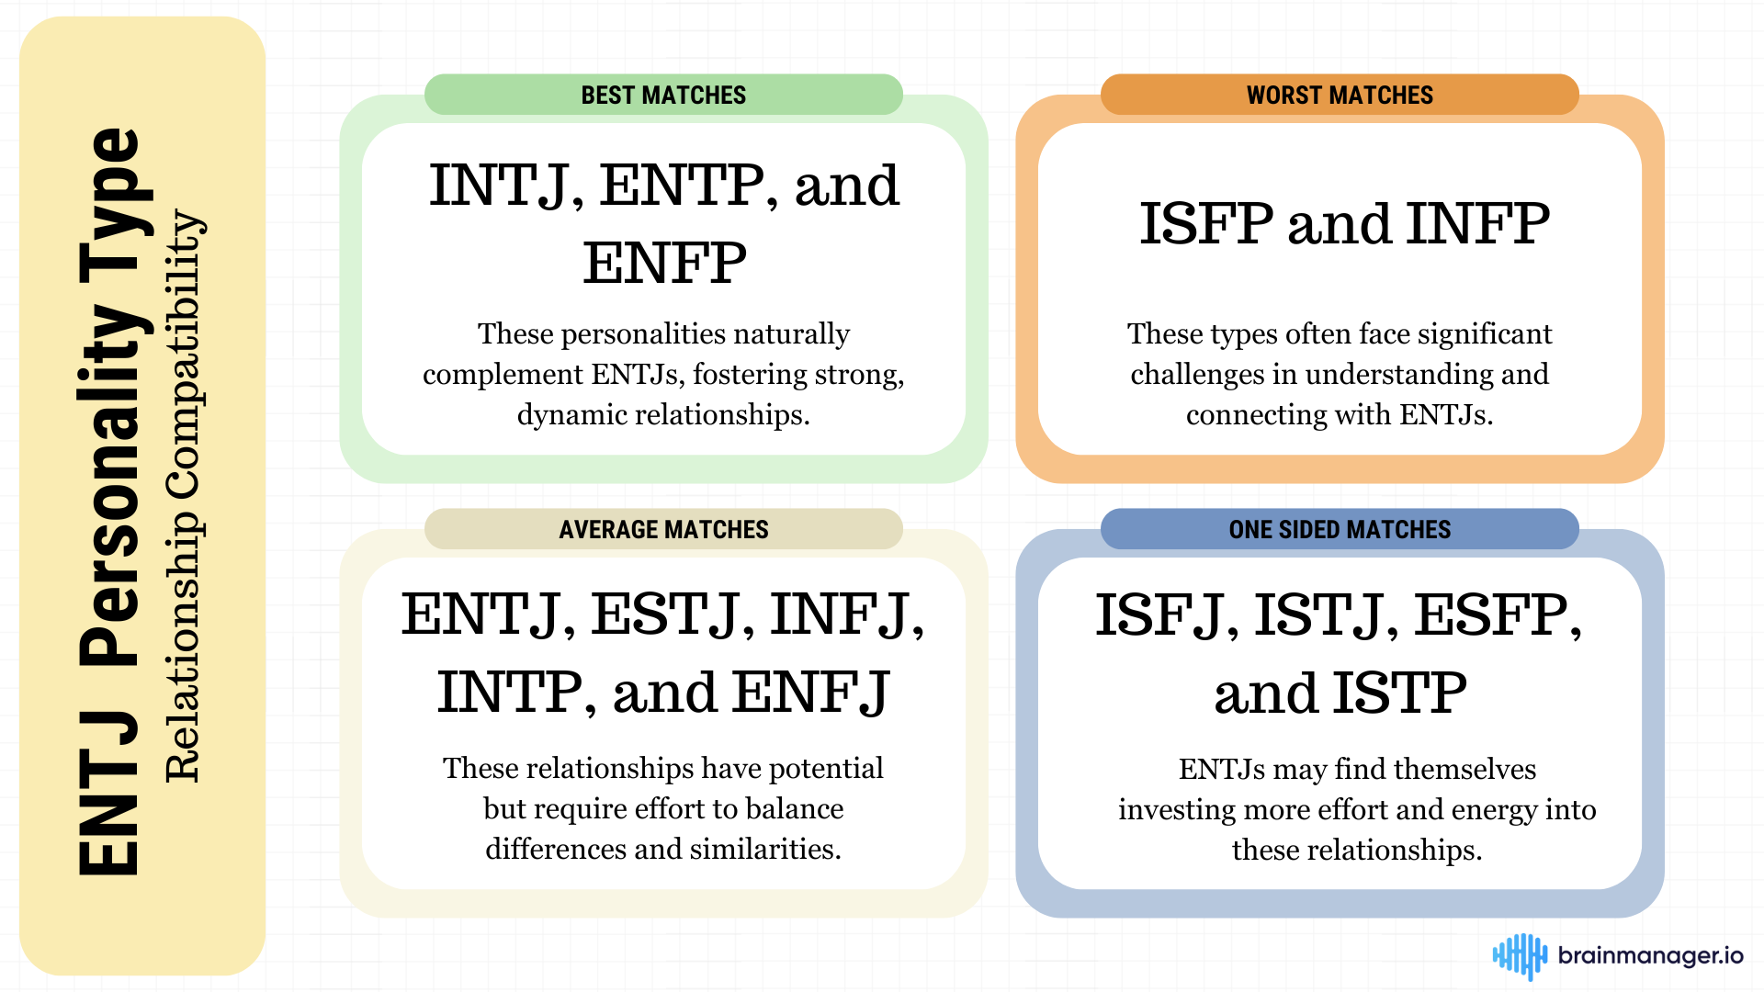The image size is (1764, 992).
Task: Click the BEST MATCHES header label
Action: tap(663, 96)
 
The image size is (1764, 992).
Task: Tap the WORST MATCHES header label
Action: tap(1340, 96)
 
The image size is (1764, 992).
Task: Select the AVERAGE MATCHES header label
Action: tap(663, 530)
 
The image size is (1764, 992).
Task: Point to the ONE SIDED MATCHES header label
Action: tap(1340, 530)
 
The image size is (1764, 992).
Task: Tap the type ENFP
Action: tap(664, 264)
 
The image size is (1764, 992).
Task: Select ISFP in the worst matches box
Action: tap(1206, 224)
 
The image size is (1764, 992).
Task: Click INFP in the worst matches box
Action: tap(1478, 224)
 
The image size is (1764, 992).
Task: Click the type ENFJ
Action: tap(812, 693)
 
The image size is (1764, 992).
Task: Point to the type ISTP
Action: tap(1400, 693)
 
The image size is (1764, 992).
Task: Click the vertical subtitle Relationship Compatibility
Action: tap(183, 496)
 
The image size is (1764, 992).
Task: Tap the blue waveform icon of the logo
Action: tap(1520, 956)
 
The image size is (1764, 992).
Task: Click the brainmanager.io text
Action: tap(1650, 956)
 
